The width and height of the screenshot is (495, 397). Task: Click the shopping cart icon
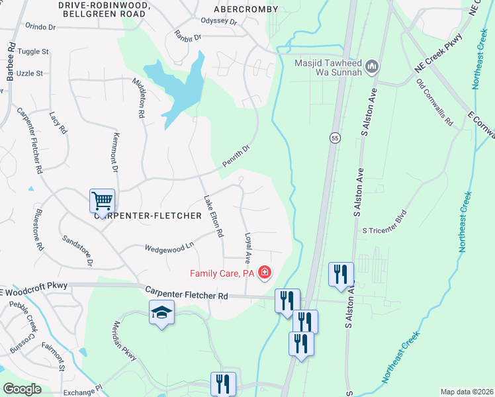point(101,200)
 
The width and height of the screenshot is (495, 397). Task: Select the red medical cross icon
point(265,273)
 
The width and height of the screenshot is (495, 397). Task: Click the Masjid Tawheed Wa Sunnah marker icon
point(372,67)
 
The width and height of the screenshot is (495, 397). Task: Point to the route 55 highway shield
point(336,138)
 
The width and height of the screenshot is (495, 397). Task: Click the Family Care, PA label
point(222,273)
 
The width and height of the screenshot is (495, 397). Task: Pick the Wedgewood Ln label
point(170,247)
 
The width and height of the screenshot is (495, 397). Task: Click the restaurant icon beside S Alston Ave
point(341,275)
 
